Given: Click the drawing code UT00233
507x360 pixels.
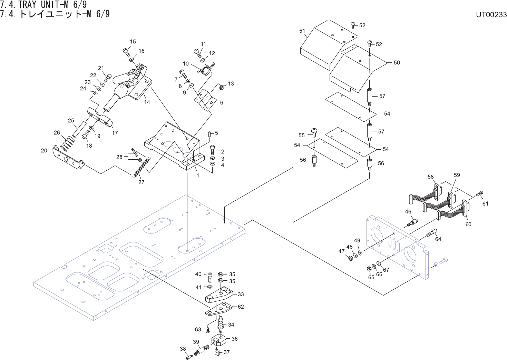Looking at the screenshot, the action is coord(491,15).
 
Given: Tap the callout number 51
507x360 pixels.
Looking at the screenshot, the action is coord(302,31).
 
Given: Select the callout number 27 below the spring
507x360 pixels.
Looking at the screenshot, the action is coord(141,182).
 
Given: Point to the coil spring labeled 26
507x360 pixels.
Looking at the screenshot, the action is coord(68,143).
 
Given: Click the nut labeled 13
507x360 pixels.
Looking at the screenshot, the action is coord(222,87).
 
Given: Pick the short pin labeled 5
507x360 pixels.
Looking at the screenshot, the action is coord(209,134).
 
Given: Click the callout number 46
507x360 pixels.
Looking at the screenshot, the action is coord(408,212).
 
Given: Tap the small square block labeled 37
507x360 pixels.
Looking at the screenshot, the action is coord(217,351).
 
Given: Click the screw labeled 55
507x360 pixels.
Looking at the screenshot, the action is coord(314,132).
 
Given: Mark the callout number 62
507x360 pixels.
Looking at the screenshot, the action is coord(241,307).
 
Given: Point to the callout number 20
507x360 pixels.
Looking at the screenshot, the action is coord(44,151).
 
